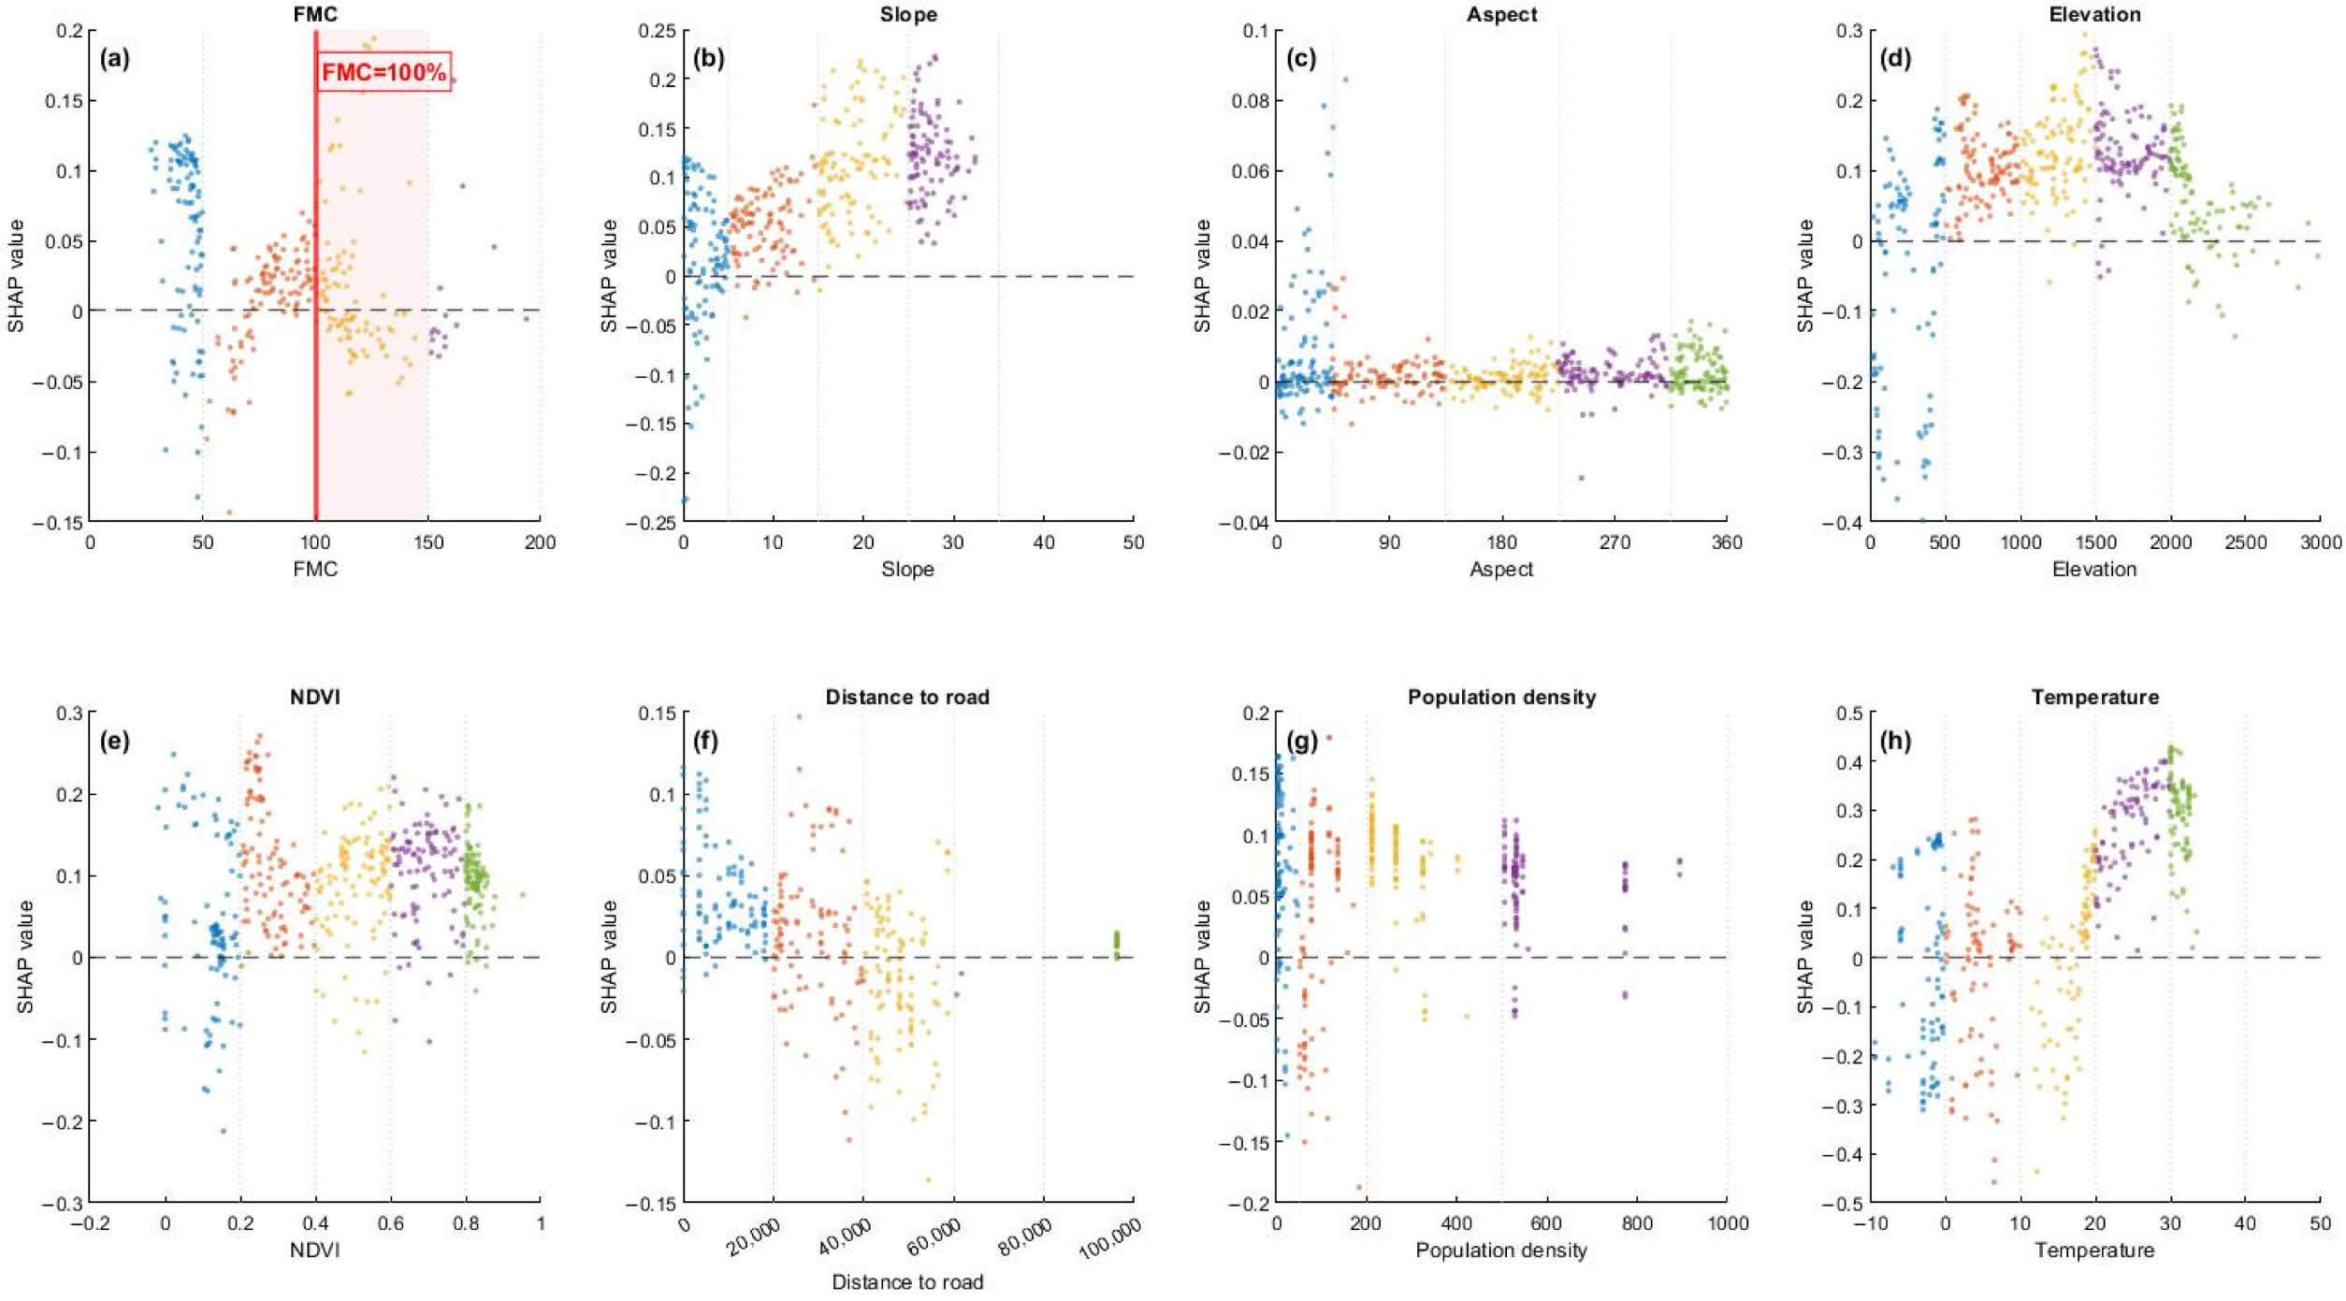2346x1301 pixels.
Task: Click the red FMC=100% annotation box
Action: pos(384,72)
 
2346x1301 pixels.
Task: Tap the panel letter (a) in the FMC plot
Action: pos(115,59)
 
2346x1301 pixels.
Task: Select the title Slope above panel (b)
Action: pos(908,14)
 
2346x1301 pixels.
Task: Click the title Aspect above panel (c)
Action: pos(1501,14)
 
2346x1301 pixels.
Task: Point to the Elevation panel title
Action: pos(2094,14)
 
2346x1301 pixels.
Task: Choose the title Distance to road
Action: pos(907,697)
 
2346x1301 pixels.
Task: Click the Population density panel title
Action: pos(1501,697)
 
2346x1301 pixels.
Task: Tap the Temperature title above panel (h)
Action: pos(2094,697)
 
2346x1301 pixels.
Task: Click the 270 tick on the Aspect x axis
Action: pos(1615,542)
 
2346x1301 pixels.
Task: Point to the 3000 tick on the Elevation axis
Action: pos(2321,542)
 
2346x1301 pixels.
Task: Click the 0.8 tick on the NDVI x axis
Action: pos(466,1223)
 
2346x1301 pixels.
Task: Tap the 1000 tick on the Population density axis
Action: pos(1727,1223)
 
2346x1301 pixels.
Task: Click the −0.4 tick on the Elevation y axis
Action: pos(1838,522)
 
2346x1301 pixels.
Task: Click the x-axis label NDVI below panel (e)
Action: pos(315,1250)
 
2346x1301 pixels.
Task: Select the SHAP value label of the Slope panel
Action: pos(609,276)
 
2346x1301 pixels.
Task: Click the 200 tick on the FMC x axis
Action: pos(540,542)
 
